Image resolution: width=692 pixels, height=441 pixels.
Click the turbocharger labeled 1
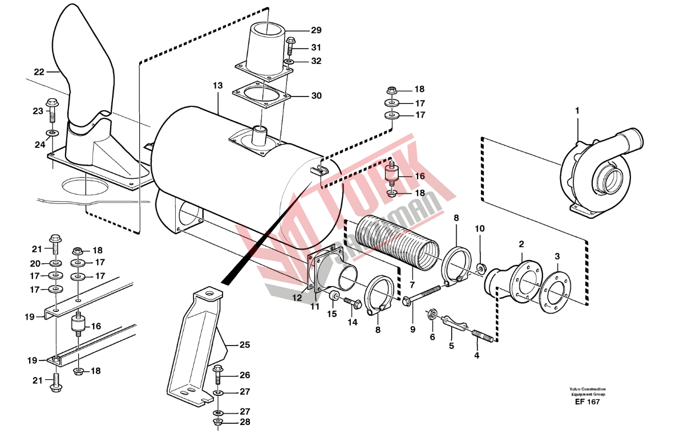coord(600,173)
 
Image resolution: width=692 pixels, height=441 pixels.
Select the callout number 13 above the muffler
coord(218,85)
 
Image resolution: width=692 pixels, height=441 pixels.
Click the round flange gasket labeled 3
coord(556,292)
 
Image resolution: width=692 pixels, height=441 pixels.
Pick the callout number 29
coord(316,30)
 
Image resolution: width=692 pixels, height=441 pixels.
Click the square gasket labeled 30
coord(261,95)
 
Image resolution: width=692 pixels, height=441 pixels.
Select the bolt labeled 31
coord(290,47)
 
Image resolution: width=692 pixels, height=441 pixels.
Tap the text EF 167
coord(587,402)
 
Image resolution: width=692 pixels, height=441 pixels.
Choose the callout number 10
coord(480,229)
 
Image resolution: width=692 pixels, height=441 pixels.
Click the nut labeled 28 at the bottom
coord(218,421)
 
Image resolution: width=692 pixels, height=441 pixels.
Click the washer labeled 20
coord(55,263)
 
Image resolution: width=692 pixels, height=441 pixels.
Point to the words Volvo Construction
coord(588,389)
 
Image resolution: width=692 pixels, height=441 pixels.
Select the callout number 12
coord(297,298)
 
